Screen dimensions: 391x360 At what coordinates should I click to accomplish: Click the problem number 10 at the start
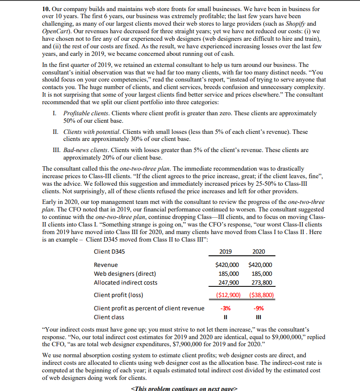(x=46, y=9)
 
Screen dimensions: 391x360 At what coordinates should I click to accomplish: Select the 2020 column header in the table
(x=259, y=251)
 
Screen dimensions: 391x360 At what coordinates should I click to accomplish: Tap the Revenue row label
(x=106, y=265)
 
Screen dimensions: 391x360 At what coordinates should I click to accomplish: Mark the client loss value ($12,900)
(x=226, y=294)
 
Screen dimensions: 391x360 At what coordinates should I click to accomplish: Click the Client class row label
(x=109, y=317)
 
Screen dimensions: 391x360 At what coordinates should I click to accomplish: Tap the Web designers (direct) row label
(x=125, y=274)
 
